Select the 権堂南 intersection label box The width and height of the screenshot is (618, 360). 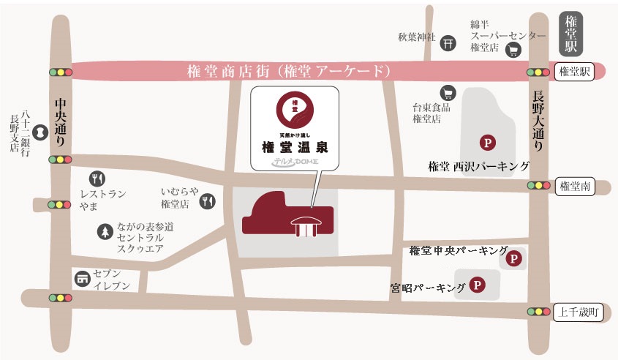click(x=574, y=186)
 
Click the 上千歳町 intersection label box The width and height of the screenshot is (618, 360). click(x=578, y=312)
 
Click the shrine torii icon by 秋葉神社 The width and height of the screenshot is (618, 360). click(x=448, y=43)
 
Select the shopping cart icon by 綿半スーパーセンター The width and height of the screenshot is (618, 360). click(x=514, y=50)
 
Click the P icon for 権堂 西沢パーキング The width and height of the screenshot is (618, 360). click(x=484, y=142)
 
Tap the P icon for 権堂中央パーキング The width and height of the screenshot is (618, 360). click(x=515, y=258)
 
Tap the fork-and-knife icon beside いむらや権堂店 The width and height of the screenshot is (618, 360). click(x=208, y=200)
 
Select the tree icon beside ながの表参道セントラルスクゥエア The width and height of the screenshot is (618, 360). click(x=105, y=232)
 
